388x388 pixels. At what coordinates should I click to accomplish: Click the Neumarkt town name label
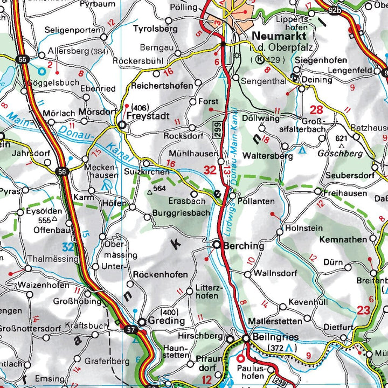tap(279, 36)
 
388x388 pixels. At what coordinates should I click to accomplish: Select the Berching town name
tap(244, 246)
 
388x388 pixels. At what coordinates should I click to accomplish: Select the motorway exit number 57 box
tap(131, 329)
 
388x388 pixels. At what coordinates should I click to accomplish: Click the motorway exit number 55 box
tap(22, 59)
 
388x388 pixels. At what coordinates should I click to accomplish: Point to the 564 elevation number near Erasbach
tap(159, 189)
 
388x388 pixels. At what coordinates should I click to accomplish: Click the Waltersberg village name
tap(267, 156)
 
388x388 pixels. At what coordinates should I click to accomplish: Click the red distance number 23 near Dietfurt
tap(363, 310)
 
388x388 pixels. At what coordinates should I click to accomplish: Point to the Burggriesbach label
tap(182, 213)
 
